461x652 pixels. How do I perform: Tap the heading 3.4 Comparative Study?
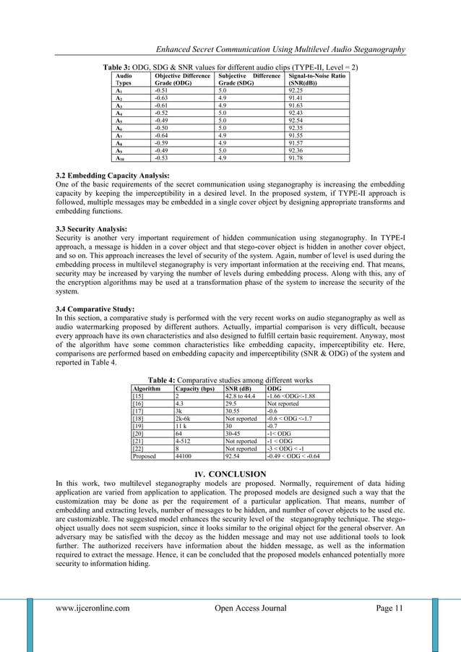tap(99, 309)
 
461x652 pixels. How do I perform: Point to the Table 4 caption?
tap(230, 379)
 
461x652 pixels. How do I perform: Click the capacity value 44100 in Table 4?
tap(185, 456)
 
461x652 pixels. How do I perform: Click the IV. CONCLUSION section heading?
tap(230, 474)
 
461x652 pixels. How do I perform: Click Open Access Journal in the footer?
tap(251, 608)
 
